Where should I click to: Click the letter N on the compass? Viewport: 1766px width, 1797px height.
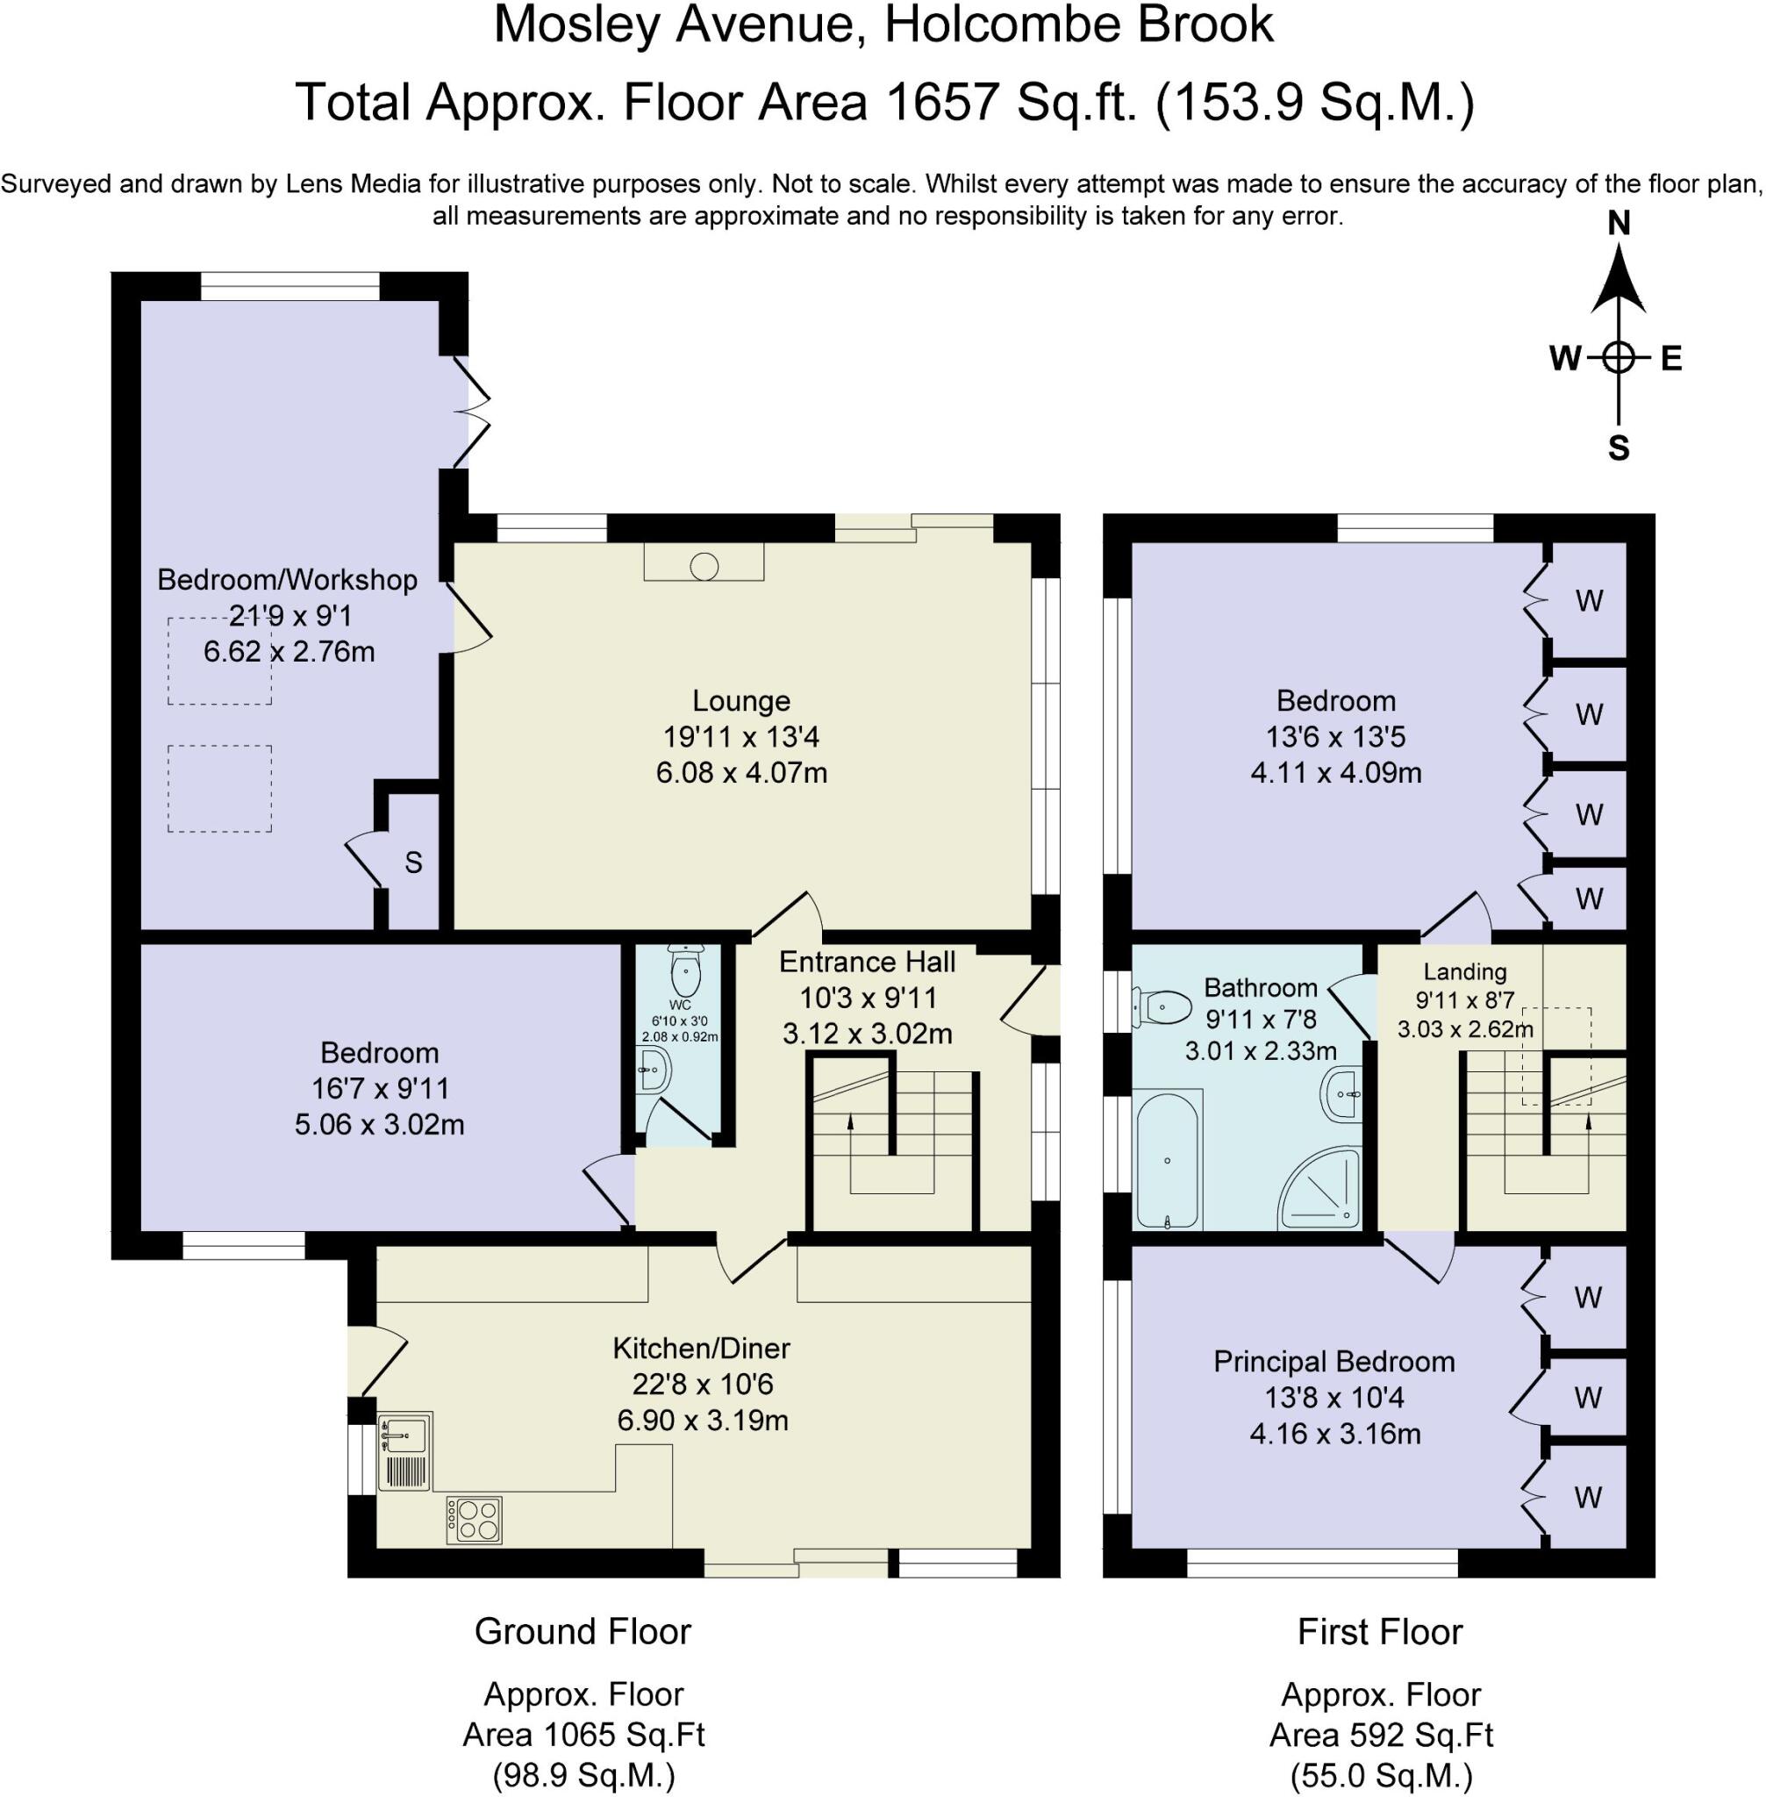pos(1619,224)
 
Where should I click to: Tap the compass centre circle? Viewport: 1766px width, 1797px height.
pos(1619,357)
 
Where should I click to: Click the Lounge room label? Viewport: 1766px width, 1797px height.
pos(741,701)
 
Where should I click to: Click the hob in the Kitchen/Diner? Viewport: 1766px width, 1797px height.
pos(474,1520)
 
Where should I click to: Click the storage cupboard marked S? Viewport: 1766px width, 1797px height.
pos(414,863)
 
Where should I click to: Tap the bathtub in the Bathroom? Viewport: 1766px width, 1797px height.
pos(1167,1161)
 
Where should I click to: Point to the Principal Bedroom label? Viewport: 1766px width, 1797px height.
pos(1333,1362)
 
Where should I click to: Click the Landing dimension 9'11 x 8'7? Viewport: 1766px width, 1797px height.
pos(1464,1000)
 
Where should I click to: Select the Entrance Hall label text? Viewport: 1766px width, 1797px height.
pos(868,962)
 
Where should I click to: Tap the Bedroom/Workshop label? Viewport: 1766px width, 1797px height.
pos(288,580)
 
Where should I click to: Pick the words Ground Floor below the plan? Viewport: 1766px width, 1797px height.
pos(583,1632)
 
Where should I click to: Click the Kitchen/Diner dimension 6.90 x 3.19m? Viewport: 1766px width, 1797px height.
pos(702,1421)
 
